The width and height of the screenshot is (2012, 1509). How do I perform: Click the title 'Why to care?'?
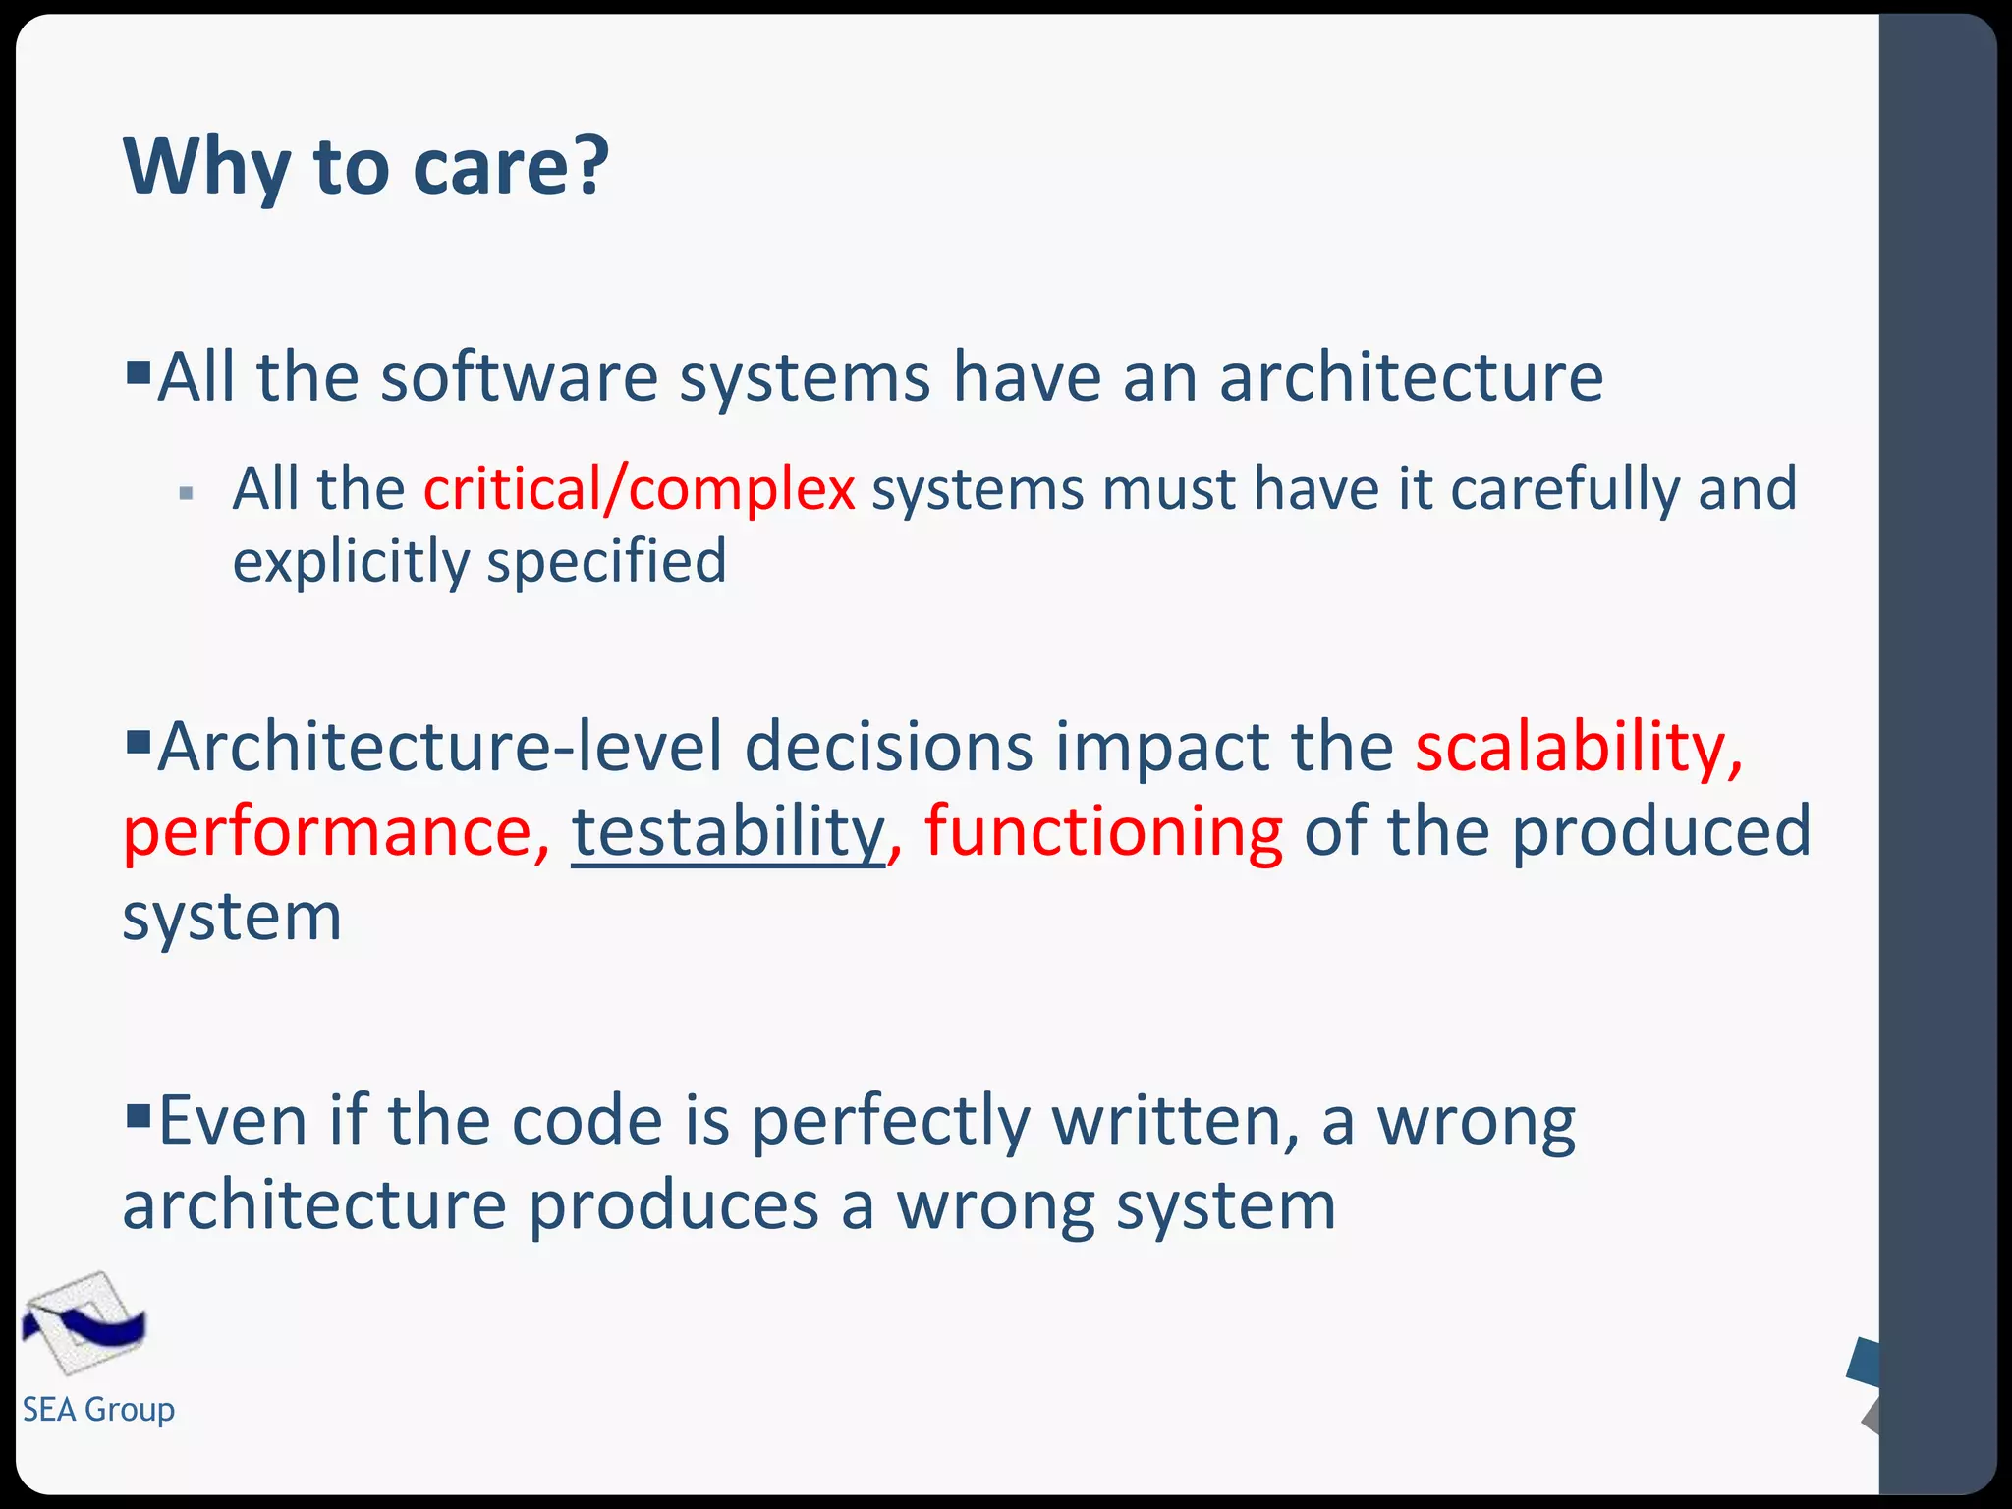pos(365,166)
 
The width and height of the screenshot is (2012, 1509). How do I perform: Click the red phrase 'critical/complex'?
pos(640,488)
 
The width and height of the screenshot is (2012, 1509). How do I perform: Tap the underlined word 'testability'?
pos(728,831)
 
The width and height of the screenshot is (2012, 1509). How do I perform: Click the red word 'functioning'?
pos(1103,831)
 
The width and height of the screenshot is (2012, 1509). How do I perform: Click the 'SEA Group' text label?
pos(98,1409)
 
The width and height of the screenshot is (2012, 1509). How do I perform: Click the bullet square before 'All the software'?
pos(139,372)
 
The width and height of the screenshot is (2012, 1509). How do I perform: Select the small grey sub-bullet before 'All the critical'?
pos(187,493)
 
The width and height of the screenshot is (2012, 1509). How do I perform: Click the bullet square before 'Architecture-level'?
pos(139,738)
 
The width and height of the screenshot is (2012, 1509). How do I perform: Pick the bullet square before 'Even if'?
pos(139,1115)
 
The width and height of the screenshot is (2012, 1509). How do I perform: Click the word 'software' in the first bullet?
pos(519,377)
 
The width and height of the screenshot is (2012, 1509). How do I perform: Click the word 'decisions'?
pos(888,747)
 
